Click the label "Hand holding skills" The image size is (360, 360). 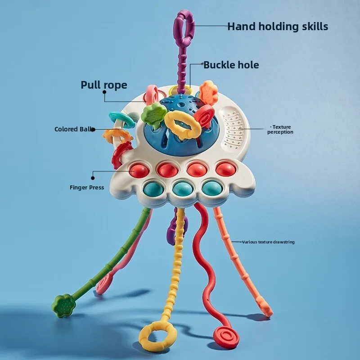tap(277, 26)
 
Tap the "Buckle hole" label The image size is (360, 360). tap(231, 65)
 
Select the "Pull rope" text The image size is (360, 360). tap(104, 85)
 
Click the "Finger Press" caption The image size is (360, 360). tap(87, 187)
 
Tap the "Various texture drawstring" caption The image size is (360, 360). tap(268, 242)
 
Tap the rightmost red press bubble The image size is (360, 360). tap(225, 169)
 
